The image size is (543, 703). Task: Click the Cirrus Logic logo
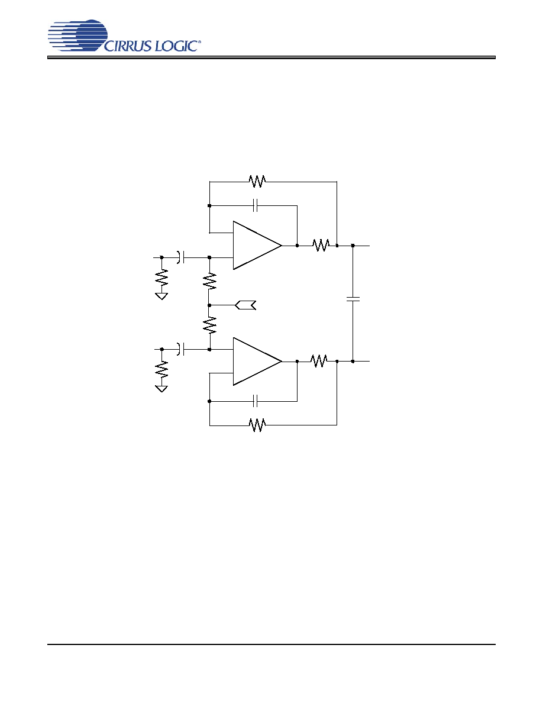[x=124, y=36]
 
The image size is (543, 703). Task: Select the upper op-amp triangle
[x=257, y=245]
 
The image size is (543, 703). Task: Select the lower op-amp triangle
[x=257, y=361]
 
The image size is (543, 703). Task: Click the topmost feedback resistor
[x=257, y=182]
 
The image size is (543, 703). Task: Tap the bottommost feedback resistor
[x=257, y=424]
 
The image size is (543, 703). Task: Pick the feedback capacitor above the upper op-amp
[x=256, y=206]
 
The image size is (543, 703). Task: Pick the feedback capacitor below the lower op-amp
[x=256, y=401]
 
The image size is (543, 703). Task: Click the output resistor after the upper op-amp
[x=321, y=245]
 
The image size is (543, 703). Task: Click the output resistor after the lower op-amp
[x=319, y=361]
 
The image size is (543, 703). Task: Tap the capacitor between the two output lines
[x=353, y=299]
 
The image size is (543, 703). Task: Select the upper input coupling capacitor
[x=180, y=257]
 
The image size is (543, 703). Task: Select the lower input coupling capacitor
[x=180, y=349]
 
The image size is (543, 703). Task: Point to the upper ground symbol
[x=161, y=296]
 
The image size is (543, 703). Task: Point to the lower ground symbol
[x=161, y=388]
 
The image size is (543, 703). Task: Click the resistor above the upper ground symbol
[x=161, y=278]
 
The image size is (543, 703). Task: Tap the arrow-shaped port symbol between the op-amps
[x=245, y=305]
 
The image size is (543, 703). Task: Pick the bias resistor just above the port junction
[x=209, y=282]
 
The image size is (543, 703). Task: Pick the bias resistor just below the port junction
[x=209, y=325]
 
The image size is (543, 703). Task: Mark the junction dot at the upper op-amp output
[x=297, y=246]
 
